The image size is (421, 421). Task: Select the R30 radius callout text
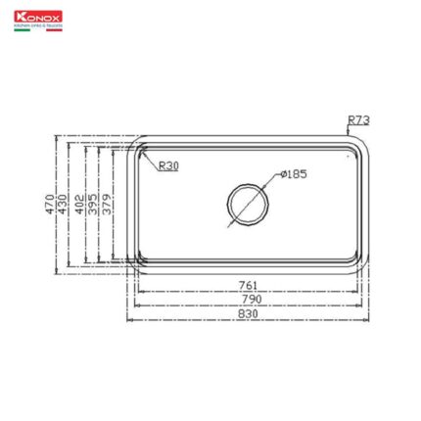pos(168,165)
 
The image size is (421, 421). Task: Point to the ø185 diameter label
pos(293,174)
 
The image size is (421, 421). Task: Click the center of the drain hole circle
pos(246,204)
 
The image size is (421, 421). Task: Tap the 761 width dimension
pos(249,285)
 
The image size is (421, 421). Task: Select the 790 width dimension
pos(249,298)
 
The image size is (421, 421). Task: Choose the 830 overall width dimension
pos(249,313)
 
